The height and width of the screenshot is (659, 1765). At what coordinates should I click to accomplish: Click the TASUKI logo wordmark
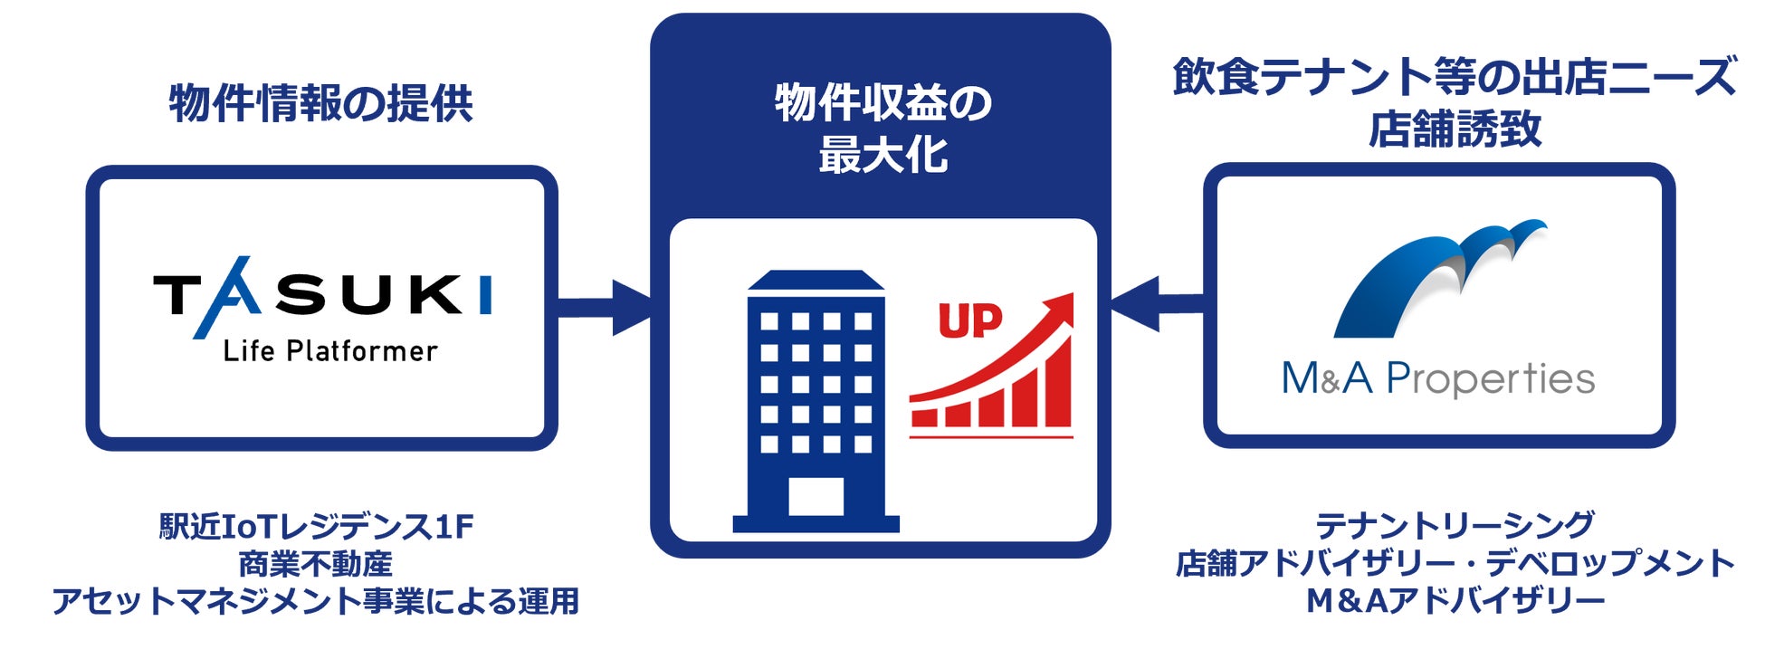pyautogui.click(x=322, y=296)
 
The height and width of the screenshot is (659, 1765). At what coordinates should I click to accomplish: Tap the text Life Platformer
pyautogui.click(x=330, y=351)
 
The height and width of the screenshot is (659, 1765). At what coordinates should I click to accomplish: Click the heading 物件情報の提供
pyautogui.click(x=321, y=103)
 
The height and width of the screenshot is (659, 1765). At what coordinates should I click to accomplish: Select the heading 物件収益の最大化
pyautogui.click(x=882, y=129)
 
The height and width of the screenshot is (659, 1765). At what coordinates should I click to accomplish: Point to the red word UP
pyautogui.click(x=969, y=320)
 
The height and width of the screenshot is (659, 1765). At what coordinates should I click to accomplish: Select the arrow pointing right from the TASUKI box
pyautogui.click(x=605, y=308)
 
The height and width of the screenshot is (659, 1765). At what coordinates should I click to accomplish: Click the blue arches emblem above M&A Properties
pyautogui.click(x=1438, y=276)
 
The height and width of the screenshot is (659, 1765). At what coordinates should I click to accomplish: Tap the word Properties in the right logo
pyautogui.click(x=1490, y=379)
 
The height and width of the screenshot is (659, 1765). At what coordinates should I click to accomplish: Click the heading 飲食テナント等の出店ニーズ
pyautogui.click(x=1454, y=77)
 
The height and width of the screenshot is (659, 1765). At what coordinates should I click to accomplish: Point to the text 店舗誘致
pyautogui.click(x=1454, y=130)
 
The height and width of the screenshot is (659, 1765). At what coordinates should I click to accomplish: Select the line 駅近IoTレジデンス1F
pyautogui.click(x=317, y=526)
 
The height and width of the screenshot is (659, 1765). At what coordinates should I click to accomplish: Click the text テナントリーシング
pyautogui.click(x=1454, y=525)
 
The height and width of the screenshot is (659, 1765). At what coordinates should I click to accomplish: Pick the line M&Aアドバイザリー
pyautogui.click(x=1454, y=600)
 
